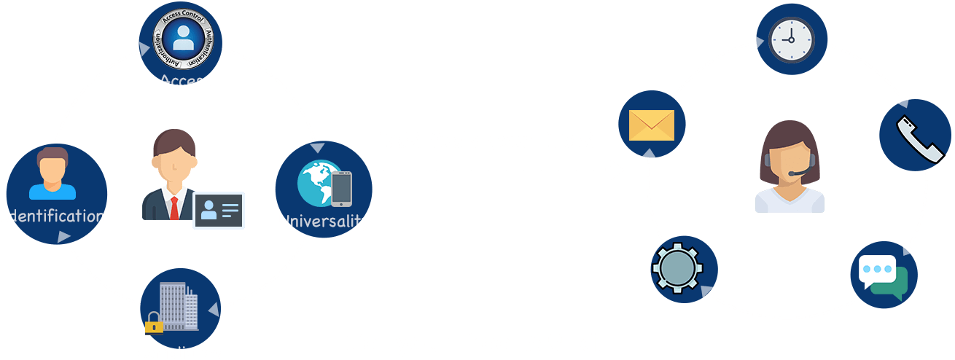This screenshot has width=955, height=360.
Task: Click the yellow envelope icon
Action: click(651, 125)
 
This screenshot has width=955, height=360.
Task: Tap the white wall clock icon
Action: click(792, 39)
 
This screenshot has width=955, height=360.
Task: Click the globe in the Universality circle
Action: click(314, 182)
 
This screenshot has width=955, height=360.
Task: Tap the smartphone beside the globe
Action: click(341, 188)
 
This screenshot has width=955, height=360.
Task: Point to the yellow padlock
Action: click(154, 324)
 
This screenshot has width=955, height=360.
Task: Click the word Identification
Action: click(53, 216)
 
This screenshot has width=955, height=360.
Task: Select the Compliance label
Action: click(179, 353)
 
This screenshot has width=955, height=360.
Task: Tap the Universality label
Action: click(324, 221)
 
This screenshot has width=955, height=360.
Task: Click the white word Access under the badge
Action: click(185, 82)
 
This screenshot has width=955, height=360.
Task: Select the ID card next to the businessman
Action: click(219, 210)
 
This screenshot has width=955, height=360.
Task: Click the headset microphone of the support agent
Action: click(793, 173)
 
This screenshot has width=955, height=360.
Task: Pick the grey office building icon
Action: click(176, 305)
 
